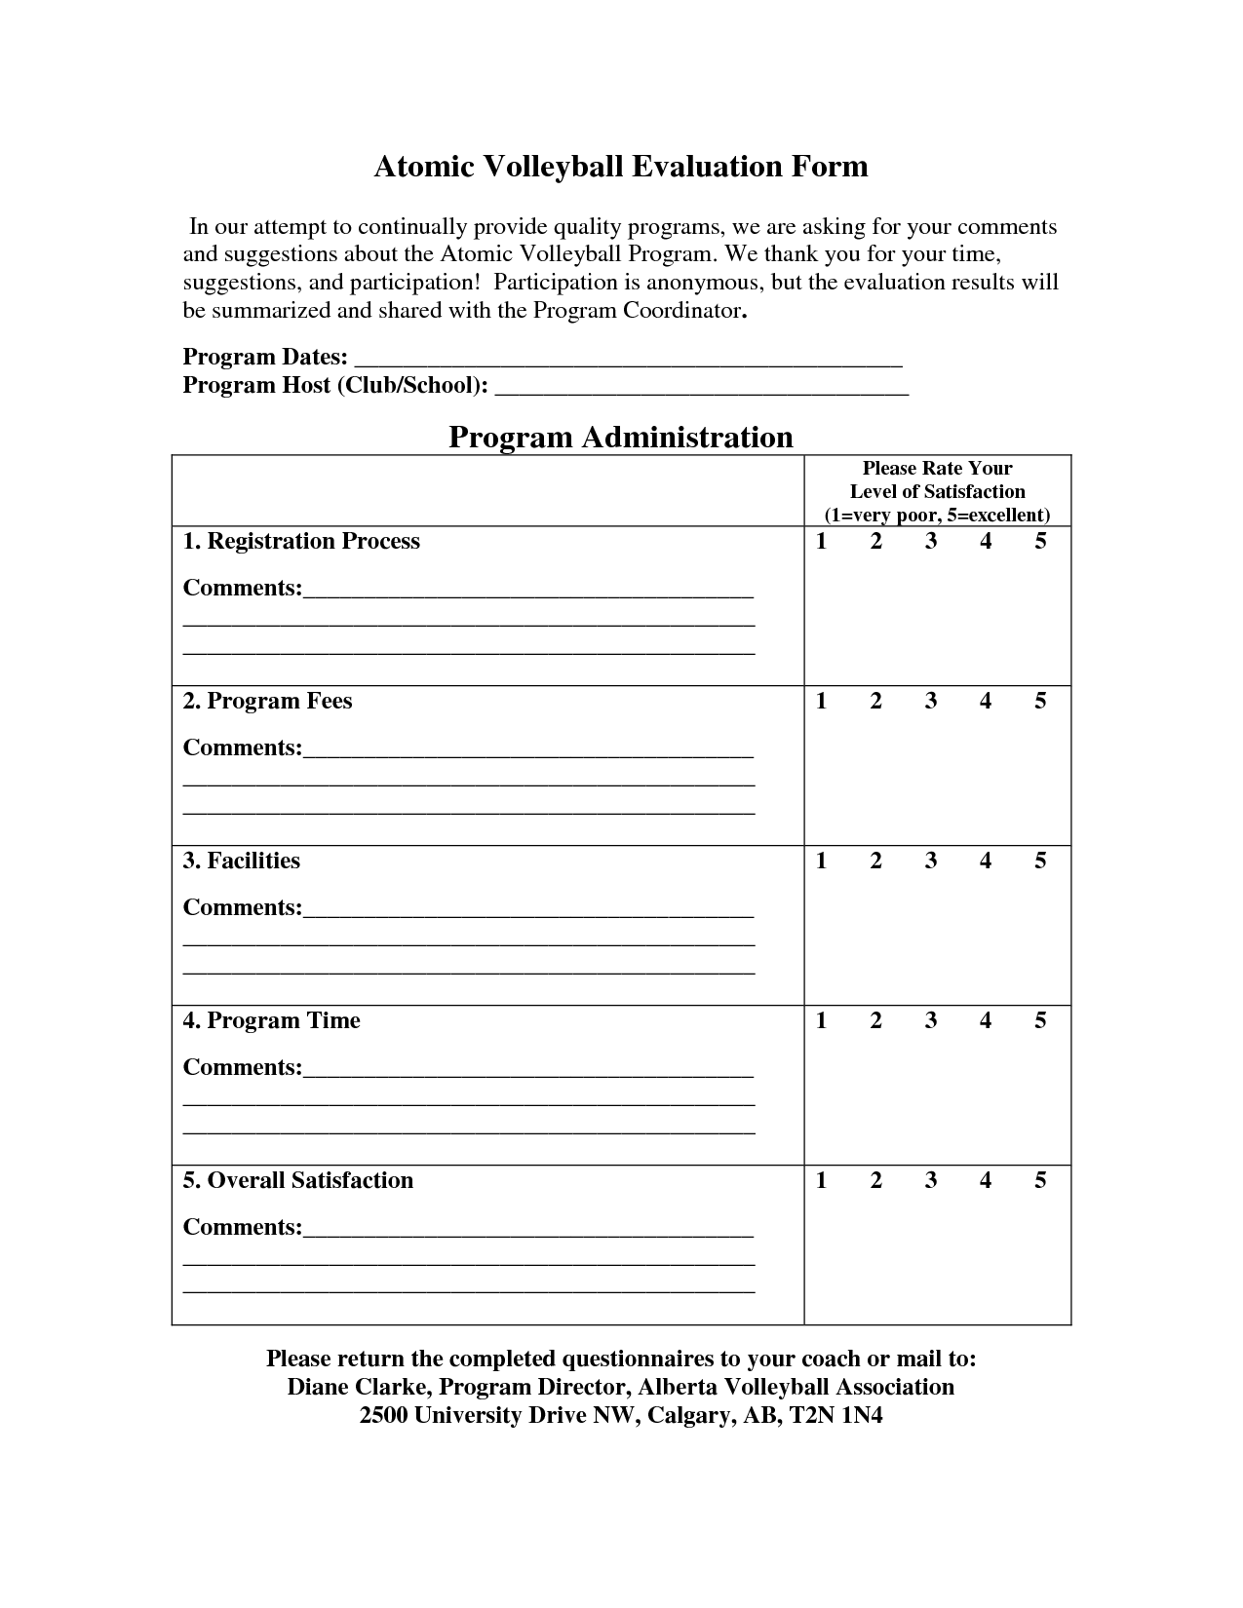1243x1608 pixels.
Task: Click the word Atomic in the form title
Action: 424,167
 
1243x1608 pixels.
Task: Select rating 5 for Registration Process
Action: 1040,542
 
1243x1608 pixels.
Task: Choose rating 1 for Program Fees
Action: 821,702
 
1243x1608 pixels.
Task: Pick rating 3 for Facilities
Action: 931,861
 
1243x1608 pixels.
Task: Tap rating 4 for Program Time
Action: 986,1021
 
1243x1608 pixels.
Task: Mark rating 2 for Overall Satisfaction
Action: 875,1181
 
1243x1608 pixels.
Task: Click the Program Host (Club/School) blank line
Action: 702,387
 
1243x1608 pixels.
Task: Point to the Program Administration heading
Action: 621,437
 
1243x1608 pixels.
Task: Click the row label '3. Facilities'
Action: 242,861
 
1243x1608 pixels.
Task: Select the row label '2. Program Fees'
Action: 267,702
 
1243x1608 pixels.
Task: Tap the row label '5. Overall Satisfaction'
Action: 298,1181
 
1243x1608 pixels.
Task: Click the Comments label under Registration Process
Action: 243,589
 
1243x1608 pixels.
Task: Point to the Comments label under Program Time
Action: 243,1068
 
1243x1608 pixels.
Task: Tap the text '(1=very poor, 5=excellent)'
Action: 937,516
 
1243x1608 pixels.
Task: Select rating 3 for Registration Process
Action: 931,542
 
